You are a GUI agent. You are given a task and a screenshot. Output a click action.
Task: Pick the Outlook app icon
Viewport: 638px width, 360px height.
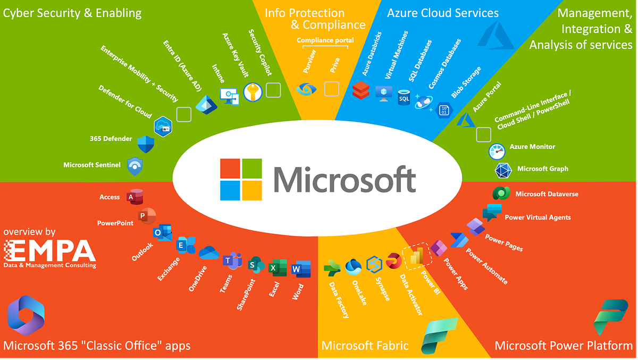pyautogui.click(x=162, y=232)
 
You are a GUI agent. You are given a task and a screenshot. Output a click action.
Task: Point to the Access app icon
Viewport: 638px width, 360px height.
pyautogui.click(x=134, y=197)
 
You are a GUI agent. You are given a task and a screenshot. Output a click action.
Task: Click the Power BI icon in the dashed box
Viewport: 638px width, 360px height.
pyautogui.click(x=416, y=257)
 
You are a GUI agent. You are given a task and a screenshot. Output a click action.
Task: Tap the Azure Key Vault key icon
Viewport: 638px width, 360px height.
pyautogui.click(x=253, y=92)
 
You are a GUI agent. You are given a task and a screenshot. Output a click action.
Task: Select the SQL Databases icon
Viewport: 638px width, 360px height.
pyautogui.click(x=404, y=97)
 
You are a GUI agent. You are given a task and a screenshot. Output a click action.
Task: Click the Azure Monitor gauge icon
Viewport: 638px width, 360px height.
pyautogui.click(x=497, y=151)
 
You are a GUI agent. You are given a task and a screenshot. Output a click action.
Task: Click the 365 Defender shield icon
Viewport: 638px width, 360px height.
pyautogui.click(x=145, y=144)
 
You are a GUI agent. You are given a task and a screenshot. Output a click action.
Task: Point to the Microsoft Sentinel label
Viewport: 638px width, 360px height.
pyautogui.click(x=92, y=165)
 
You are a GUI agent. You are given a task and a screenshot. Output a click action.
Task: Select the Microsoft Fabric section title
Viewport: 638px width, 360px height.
pyautogui.click(x=365, y=346)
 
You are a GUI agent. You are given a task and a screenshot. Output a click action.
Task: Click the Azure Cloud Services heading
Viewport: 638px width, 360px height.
pyautogui.click(x=443, y=13)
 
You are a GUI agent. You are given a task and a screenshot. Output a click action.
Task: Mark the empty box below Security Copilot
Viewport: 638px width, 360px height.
pyautogui.click(x=273, y=90)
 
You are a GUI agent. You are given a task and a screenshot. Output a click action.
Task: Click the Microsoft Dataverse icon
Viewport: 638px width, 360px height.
pyautogui.click(x=501, y=194)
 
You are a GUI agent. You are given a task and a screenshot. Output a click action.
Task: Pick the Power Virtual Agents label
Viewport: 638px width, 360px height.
pyautogui.click(x=538, y=217)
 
